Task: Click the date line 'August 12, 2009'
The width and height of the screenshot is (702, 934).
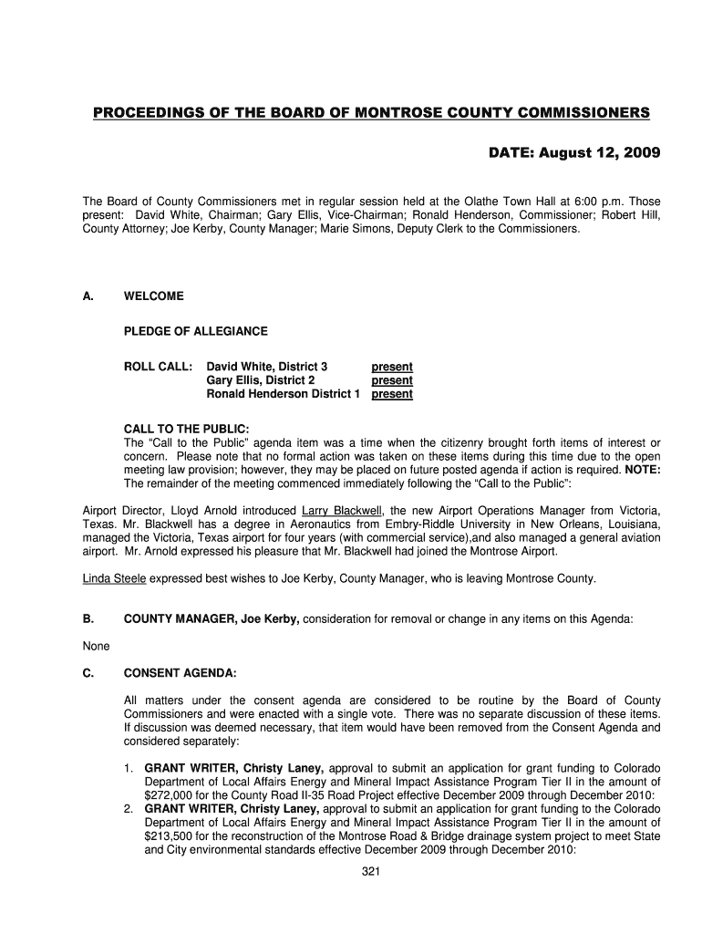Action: tap(577, 152)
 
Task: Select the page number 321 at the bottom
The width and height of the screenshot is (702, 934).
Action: tap(370, 872)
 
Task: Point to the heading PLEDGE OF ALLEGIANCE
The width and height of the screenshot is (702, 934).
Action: tap(195, 331)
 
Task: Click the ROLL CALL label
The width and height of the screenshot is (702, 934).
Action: tap(158, 367)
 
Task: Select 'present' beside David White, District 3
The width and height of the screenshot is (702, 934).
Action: tap(391, 367)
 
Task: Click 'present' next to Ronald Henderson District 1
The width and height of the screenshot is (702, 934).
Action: tap(391, 394)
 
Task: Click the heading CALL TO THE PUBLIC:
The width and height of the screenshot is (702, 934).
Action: tap(186, 429)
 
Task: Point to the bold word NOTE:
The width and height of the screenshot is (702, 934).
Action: tap(643, 470)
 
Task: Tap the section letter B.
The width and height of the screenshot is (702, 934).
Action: tap(88, 619)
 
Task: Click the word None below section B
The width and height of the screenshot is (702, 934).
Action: tap(96, 646)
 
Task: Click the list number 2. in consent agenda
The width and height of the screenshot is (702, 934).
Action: tap(129, 809)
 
